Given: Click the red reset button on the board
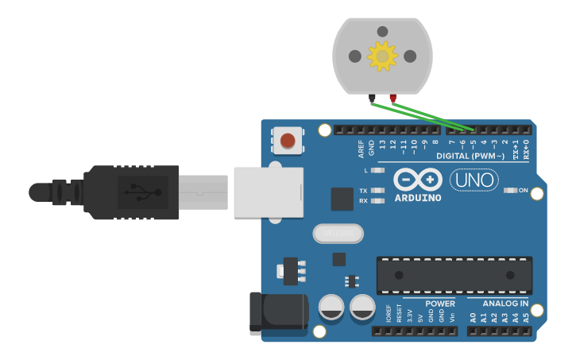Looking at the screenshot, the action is pyautogui.click(x=288, y=141).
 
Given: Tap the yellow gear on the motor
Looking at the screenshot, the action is pyautogui.click(x=383, y=56).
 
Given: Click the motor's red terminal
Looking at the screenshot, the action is pyautogui.click(x=392, y=98).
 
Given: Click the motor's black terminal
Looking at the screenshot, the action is pyautogui.click(x=373, y=98).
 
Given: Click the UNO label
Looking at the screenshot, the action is pyautogui.click(x=474, y=180).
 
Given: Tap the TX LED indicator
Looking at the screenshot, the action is pyautogui.click(x=377, y=191).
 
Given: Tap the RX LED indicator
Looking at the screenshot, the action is pyautogui.click(x=377, y=201).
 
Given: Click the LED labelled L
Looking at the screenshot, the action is pyautogui.click(x=377, y=170).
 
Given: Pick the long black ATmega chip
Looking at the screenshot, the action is pyautogui.click(x=454, y=275).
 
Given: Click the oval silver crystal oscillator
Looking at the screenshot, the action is pyautogui.click(x=338, y=234).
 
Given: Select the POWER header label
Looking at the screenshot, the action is pyautogui.click(x=439, y=304).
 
